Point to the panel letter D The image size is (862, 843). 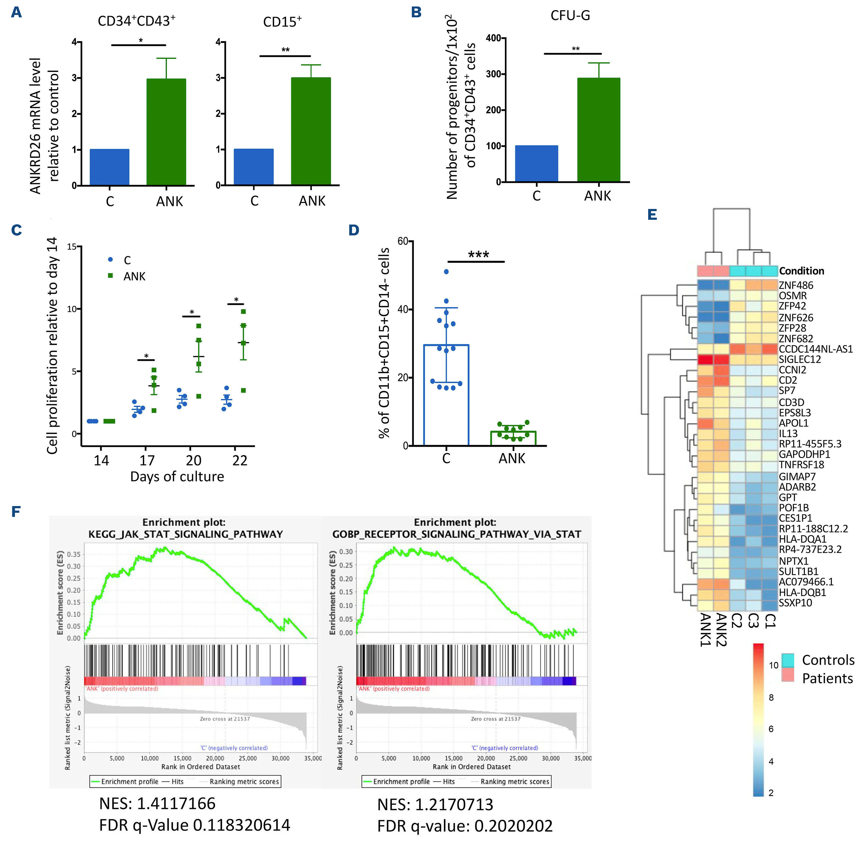tap(354, 230)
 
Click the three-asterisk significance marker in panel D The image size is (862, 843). tap(478, 255)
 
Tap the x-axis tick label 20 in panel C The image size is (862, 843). tap(194, 460)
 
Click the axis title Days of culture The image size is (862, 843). tap(177, 477)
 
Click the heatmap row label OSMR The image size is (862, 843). tap(792, 296)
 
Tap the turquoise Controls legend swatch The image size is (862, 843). tap(787, 660)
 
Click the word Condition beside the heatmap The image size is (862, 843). tap(801, 271)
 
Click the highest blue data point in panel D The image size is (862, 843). tap(446, 271)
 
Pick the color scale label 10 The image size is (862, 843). tap(774, 665)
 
